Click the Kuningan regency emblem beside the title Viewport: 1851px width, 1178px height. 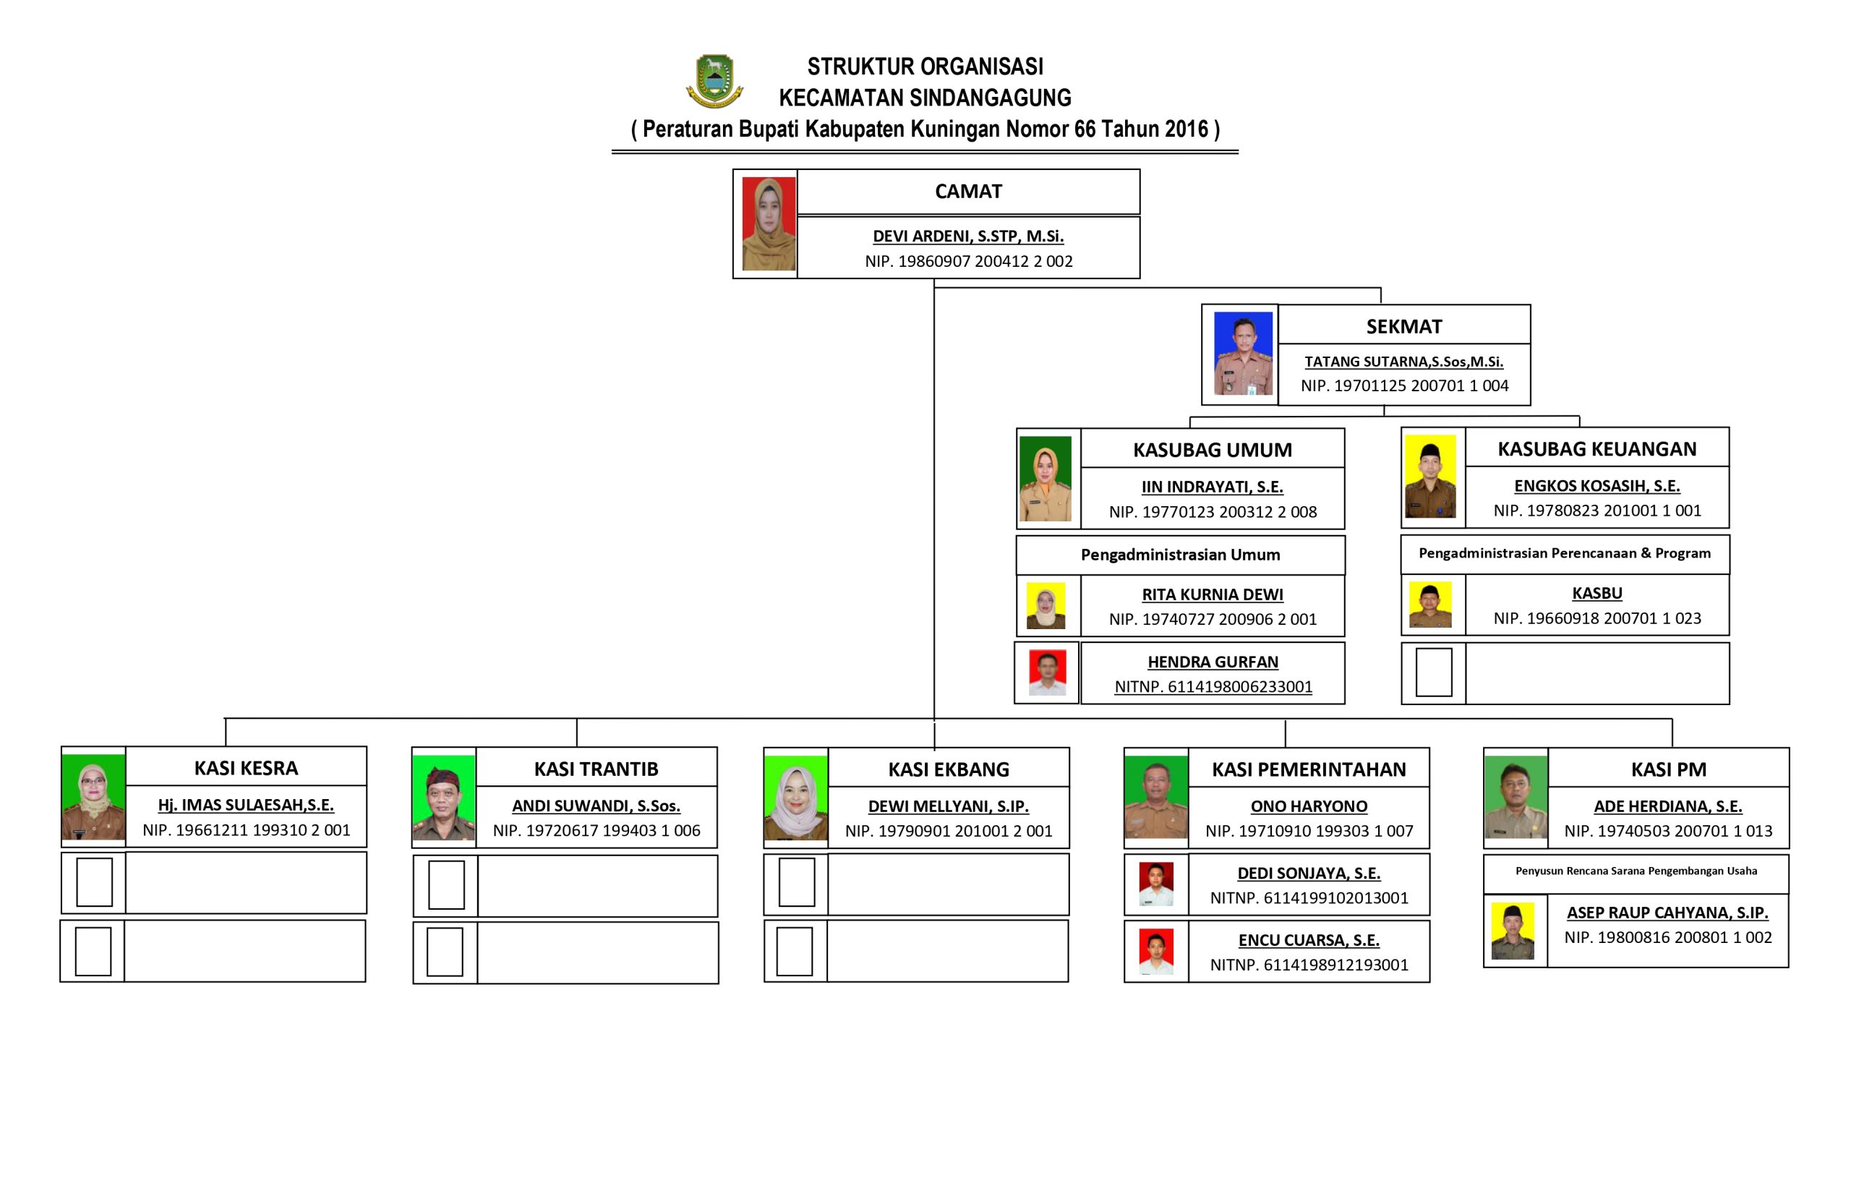point(714,81)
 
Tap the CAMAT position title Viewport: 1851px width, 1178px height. point(967,192)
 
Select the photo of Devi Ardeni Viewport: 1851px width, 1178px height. point(768,223)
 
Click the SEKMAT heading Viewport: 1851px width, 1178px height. point(1403,327)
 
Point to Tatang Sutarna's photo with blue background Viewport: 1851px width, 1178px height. point(1242,354)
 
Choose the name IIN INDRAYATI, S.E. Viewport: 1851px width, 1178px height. point(1213,487)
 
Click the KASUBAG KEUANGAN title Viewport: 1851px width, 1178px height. point(1596,449)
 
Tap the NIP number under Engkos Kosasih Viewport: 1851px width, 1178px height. point(1596,511)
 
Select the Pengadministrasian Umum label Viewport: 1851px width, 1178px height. point(1180,555)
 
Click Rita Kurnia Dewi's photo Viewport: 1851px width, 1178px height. point(1046,606)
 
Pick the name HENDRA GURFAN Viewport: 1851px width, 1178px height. point(1213,662)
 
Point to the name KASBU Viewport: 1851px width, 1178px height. point(1596,594)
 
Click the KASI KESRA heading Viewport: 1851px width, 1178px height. point(246,768)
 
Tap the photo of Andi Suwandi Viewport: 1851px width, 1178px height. point(443,798)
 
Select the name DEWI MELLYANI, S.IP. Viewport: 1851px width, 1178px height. point(948,806)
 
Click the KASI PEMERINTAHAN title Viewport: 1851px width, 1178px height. point(1308,769)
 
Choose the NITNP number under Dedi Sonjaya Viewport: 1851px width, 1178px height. point(1309,898)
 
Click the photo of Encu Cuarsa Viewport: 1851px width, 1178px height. point(1156,952)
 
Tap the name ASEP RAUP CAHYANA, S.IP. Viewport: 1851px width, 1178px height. point(1667,913)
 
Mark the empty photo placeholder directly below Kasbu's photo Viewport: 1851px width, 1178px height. point(1434,672)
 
